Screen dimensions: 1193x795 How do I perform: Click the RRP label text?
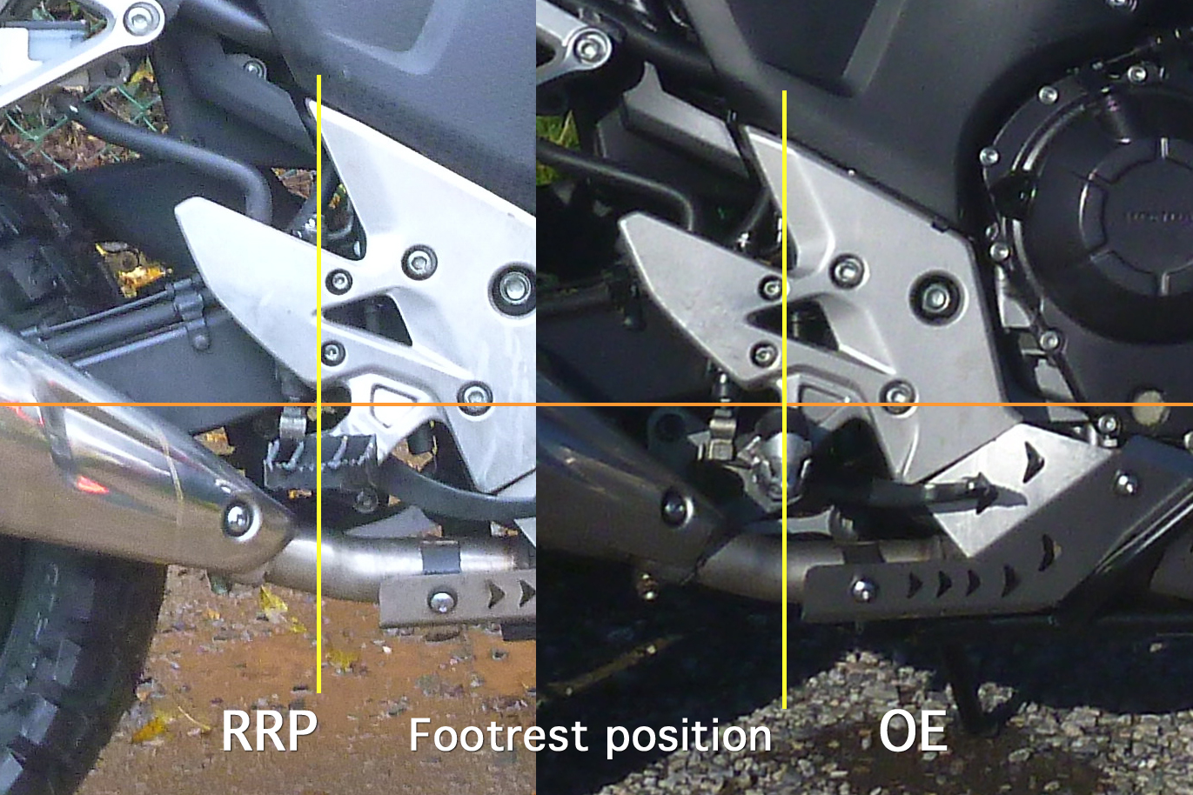click(269, 730)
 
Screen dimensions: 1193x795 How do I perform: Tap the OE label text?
click(913, 730)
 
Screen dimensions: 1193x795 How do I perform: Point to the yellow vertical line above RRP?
click(318, 384)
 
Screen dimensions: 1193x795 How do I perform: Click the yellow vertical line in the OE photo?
click(785, 399)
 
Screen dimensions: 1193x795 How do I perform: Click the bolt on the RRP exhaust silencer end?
click(238, 518)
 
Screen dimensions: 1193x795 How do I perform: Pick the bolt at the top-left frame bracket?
click(139, 18)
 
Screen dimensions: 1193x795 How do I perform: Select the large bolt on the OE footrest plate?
click(936, 297)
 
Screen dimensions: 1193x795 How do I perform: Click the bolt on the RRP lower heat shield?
click(442, 601)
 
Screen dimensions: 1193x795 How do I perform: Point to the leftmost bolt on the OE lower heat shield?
click(864, 590)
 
